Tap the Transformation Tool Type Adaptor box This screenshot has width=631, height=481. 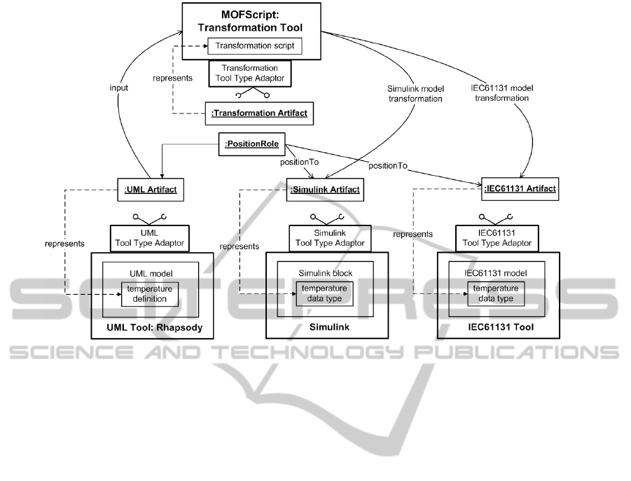point(250,73)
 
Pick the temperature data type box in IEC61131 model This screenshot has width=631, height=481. point(494,293)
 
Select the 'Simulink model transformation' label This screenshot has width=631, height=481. point(415,94)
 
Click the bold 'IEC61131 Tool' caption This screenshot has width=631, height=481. point(494,328)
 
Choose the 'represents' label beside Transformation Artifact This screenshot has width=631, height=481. point(173,78)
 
